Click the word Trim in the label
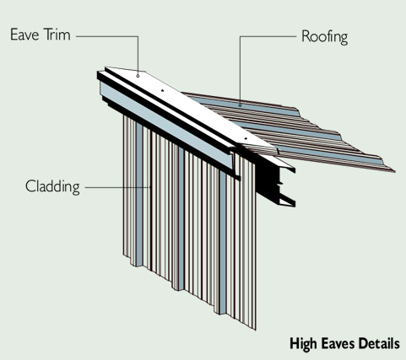(x=57, y=35)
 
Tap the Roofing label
(x=325, y=37)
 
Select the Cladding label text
(x=52, y=186)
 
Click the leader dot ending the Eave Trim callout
(x=138, y=76)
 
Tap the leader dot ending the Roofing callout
(x=240, y=105)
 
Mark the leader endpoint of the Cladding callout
(x=150, y=186)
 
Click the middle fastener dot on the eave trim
(x=162, y=90)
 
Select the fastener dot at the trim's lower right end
(x=246, y=138)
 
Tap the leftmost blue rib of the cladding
(x=139, y=194)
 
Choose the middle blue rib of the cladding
(x=181, y=219)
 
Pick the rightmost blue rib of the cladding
(x=223, y=243)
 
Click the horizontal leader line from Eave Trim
(x=107, y=36)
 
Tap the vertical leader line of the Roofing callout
(x=240, y=70)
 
